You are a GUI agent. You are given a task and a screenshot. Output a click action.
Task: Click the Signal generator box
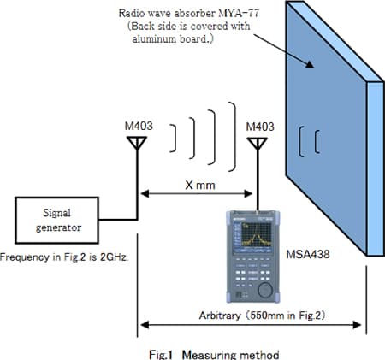pyautogui.click(x=50, y=221)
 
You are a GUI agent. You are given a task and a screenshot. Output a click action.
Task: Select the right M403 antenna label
pyautogui.click(x=258, y=127)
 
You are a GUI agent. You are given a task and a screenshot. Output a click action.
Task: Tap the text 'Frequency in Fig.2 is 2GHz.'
pyautogui.click(x=64, y=257)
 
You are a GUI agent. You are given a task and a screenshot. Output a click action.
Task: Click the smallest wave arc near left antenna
pyautogui.click(x=175, y=136)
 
